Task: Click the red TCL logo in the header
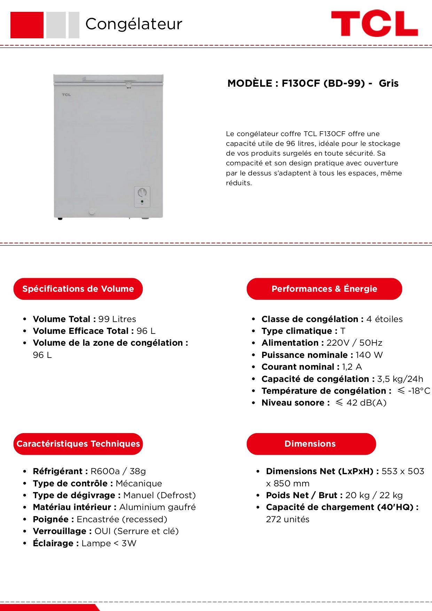coord(374,24)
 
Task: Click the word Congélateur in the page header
coord(134,24)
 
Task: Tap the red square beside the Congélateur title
coord(27,25)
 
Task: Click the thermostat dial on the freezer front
coord(142,193)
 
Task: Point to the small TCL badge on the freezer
coord(66,95)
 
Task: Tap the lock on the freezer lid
coord(128,84)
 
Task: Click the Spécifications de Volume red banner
coord(78,289)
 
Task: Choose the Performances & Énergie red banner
coord(324,289)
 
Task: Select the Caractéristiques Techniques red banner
coord(78,444)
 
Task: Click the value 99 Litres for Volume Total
coord(117,319)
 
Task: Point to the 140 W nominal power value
coord(369,355)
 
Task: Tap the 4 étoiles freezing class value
coord(384,319)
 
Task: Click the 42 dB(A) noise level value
coord(366,403)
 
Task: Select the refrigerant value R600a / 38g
coord(118,471)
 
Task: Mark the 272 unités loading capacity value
coord(288,519)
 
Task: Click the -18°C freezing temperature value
coord(419,391)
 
